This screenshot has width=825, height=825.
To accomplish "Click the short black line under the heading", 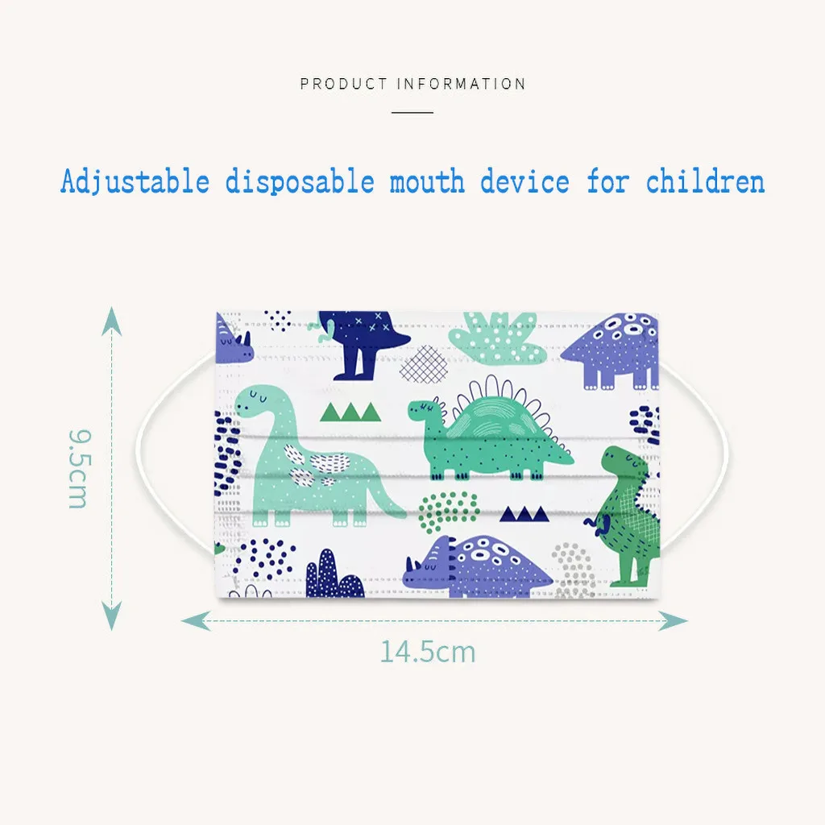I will pyautogui.click(x=412, y=112).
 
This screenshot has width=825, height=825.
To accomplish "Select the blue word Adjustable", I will pyautogui.click(x=134, y=181).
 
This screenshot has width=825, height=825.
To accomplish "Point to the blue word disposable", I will pyautogui.click(x=299, y=181).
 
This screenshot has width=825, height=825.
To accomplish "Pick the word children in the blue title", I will pyautogui.click(x=705, y=181).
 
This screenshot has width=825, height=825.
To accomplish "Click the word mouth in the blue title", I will pyautogui.click(x=427, y=181).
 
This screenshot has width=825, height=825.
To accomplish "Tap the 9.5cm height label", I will pyautogui.click(x=78, y=469).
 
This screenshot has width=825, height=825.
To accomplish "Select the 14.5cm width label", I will pyautogui.click(x=428, y=651).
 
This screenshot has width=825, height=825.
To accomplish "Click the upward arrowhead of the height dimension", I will pyautogui.click(x=112, y=321).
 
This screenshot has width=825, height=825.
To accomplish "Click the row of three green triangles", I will pyautogui.click(x=350, y=412).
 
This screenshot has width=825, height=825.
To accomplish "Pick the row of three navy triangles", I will pyautogui.click(x=524, y=513).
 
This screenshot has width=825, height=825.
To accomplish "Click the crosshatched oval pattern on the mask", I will pyautogui.click(x=424, y=364).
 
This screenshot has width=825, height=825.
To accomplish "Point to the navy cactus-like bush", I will pyautogui.click(x=333, y=575).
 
